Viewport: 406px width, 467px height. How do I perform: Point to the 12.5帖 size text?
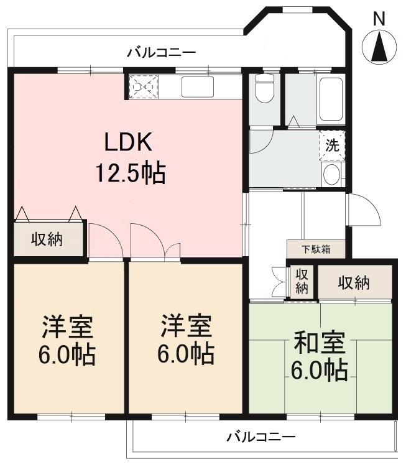point(130,172)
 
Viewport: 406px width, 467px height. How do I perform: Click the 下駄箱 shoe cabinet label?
point(316,250)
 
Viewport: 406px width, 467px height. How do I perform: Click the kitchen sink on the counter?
point(197,87)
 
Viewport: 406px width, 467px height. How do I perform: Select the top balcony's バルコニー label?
point(162,53)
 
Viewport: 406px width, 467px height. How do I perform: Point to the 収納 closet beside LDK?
point(47,239)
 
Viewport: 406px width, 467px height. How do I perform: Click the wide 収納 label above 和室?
point(354,283)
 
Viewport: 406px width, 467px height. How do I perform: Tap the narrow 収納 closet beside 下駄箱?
point(302,281)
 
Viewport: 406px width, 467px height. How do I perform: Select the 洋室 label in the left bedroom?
point(67,327)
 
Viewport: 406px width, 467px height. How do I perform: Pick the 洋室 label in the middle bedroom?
point(186,327)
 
